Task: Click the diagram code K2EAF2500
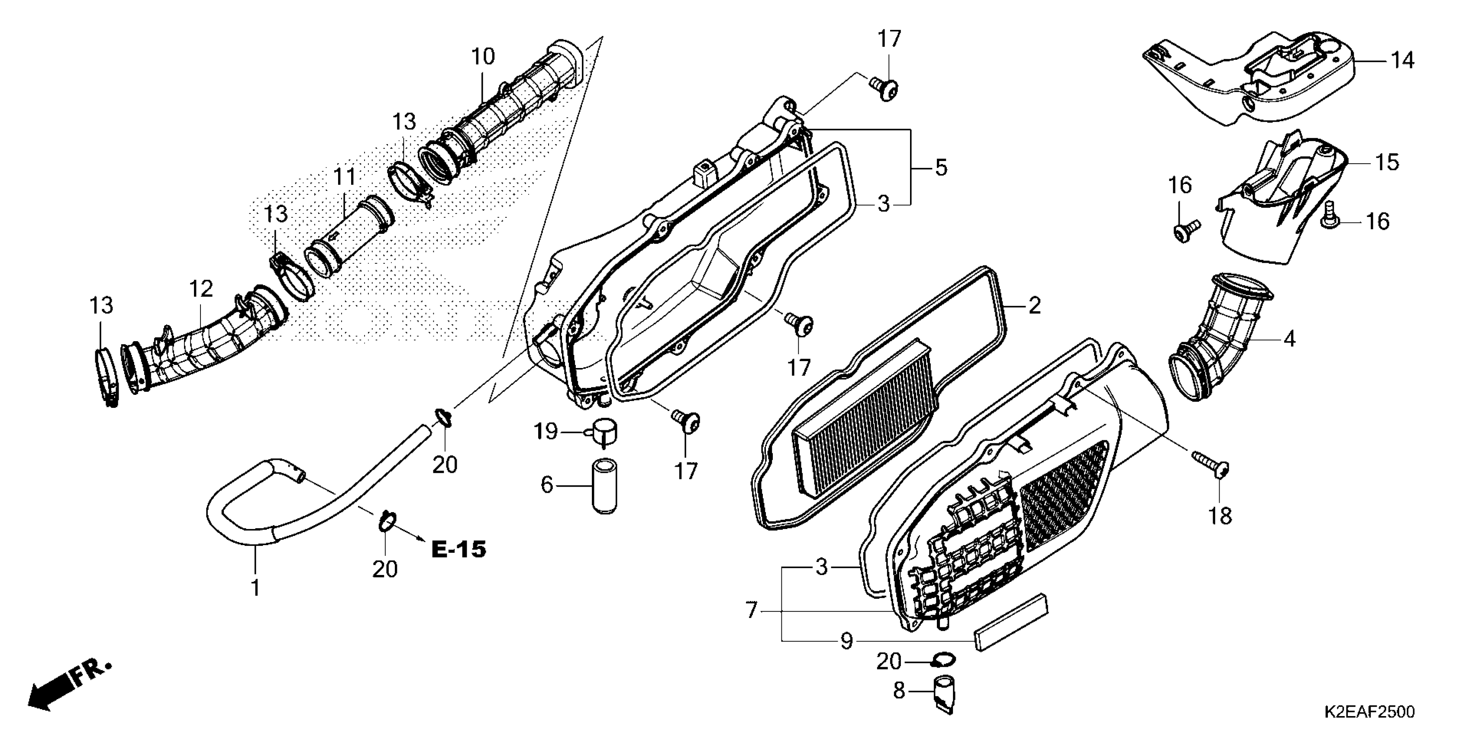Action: click(x=1369, y=712)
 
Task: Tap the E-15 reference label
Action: click(x=458, y=550)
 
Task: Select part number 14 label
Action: click(x=1402, y=60)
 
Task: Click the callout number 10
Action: click(x=483, y=57)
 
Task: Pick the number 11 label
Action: click(x=345, y=178)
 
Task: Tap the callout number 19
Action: click(x=545, y=432)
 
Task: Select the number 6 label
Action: click(x=547, y=485)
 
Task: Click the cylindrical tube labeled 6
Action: click(x=604, y=485)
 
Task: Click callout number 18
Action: click(x=1220, y=516)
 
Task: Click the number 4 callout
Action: click(x=1289, y=339)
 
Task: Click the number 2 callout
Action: click(x=1034, y=306)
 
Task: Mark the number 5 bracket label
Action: click(x=941, y=168)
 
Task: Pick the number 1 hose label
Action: click(x=255, y=588)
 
